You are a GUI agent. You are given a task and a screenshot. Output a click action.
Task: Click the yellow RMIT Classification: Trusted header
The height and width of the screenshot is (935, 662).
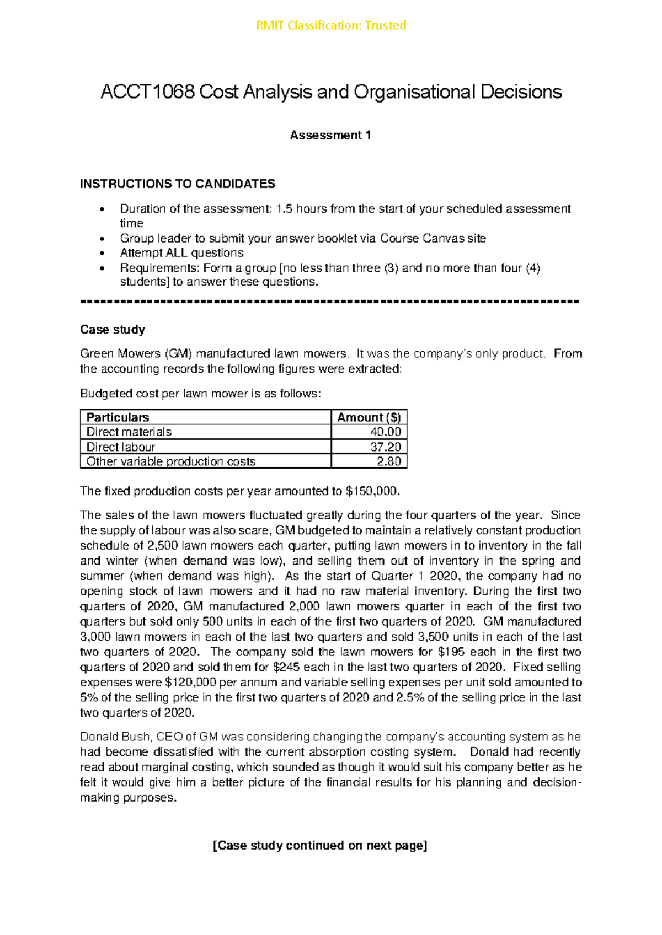pyautogui.click(x=331, y=25)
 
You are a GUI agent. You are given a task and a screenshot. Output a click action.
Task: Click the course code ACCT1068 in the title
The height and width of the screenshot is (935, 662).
pyautogui.click(x=147, y=92)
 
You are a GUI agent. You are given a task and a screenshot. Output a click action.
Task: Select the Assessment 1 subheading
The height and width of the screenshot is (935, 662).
pyautogui.click(x=330, y=135)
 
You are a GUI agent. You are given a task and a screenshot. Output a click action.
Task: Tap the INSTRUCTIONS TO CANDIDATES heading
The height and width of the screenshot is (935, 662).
pyautogui.click(x=177, y=184)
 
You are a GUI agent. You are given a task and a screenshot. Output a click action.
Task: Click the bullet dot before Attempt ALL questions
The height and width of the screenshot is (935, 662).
pyautogui.click(x=101, y=254)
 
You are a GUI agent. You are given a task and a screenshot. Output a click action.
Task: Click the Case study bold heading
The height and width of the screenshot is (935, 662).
pyautogui.click(x=113, y=329)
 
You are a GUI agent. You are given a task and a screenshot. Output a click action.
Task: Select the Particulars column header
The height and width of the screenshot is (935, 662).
pyautogui.click(x=118, y=417)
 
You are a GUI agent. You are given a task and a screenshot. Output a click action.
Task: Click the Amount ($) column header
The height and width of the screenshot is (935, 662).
pyautogui.click(x=369, y=417)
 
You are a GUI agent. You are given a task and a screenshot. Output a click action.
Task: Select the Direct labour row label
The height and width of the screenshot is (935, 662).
pyautogui.click(x=121, y=447)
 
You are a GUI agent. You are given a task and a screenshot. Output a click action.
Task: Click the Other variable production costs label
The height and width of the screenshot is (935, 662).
pyautogui.click(x=171, y=461)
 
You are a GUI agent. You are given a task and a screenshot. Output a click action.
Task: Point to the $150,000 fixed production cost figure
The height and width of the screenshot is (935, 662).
pyautogui.click(x=370, y=491)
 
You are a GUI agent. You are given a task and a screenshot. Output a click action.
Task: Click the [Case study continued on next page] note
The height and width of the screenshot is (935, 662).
pyautogui.click(x=320, y=845)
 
